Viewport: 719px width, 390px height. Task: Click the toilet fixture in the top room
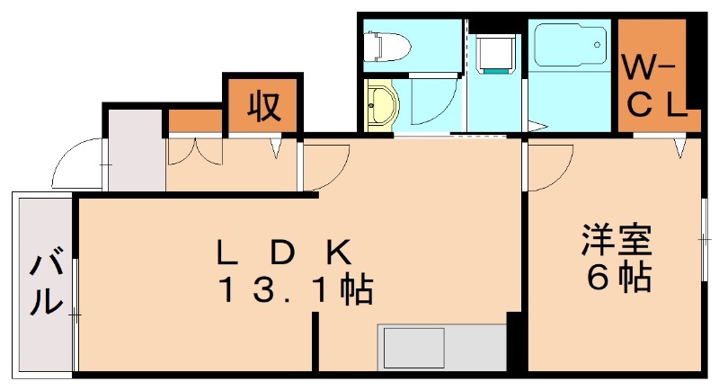(386, 46)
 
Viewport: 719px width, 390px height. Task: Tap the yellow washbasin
(383, 104)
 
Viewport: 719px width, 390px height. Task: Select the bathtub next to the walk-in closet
(571, 45)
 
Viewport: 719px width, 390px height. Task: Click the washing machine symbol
(495, 55)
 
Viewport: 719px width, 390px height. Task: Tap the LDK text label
(284, 253)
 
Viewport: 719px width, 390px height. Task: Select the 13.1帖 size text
(297, 289)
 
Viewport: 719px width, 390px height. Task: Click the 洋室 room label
(617, 239)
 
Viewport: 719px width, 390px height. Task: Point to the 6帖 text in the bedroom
(619, 277)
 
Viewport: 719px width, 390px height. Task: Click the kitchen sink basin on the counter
(414, 349)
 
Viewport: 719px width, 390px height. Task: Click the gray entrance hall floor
(136, 150)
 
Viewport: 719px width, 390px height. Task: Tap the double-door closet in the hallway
(194, 151)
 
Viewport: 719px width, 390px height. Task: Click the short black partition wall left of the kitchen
(315, 341)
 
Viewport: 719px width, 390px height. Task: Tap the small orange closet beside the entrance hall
(195, 121)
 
